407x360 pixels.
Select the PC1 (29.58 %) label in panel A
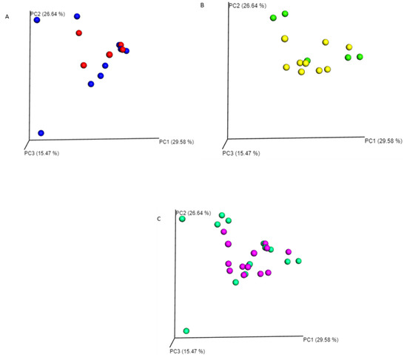pyautogui.click(x=176, y=140)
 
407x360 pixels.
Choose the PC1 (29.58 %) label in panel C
pyautogui.click(x=320, y=340)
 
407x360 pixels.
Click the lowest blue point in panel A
pyautogui.click(x=41, y=132)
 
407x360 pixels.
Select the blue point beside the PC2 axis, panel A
pyautogui.click(x=37, y=20)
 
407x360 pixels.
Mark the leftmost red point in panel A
pyautogui.click(x=84, y=66)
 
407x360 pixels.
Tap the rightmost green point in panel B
pyautogui.click(x=360, y=57)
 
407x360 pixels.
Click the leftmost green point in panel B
pyautogui.click(x=273, y=18)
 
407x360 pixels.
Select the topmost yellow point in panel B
pyautogui.click(x=284, y=38)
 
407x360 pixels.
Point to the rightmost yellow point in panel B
pyautogui.click(x=349, y=47)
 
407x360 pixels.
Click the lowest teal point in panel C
pyautogui.click(x=186, y=330)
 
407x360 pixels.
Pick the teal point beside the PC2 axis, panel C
pyautogui.click(x=182, y=219)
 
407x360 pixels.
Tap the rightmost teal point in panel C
pyautogui.click(x=299, y=261)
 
